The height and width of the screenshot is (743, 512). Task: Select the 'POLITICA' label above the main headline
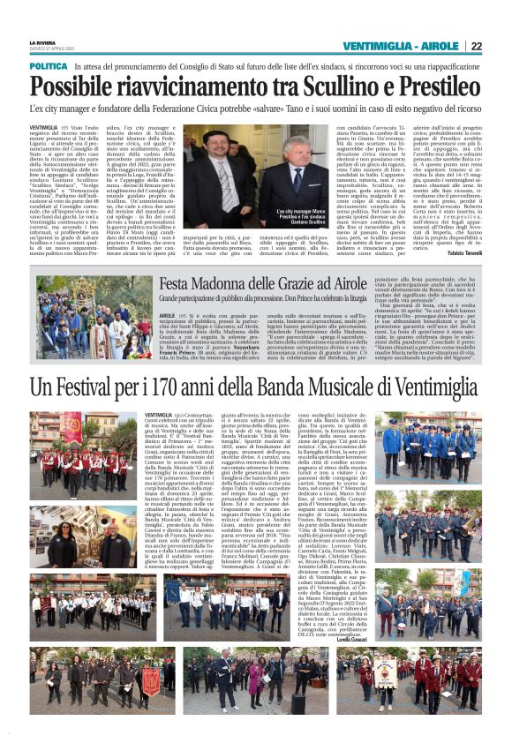(x=49, y=66)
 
